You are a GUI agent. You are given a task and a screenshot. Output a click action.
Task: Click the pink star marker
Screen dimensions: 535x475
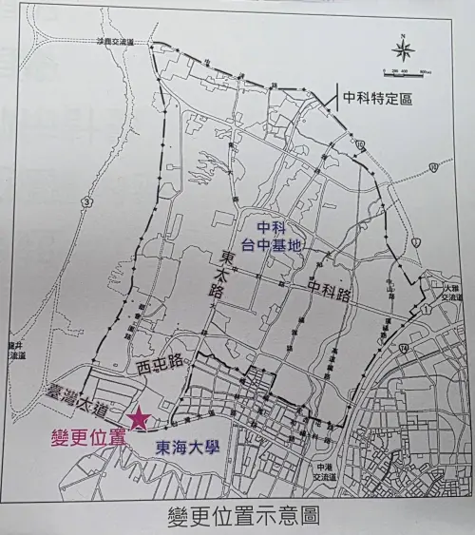[x=141, y=416]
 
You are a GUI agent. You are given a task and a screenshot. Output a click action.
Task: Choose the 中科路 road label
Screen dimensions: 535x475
[x=328, y=288]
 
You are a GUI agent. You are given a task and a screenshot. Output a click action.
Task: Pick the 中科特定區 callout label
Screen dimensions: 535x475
[x=379, y=97]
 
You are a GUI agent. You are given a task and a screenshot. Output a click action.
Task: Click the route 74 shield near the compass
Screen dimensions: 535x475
[x=433, y=168]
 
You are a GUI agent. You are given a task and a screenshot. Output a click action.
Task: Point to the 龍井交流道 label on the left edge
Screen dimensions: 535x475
[x=12, y=351]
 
